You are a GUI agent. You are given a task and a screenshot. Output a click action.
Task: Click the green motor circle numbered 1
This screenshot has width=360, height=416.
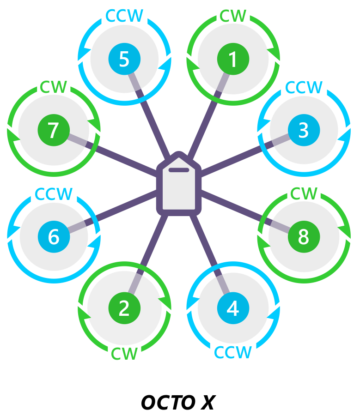233,59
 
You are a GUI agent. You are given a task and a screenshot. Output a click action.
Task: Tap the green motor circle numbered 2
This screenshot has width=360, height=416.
124,308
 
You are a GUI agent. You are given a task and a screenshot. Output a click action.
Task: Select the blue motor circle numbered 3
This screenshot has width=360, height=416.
304,131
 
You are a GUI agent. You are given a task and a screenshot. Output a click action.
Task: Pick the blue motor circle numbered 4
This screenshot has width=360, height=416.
233,308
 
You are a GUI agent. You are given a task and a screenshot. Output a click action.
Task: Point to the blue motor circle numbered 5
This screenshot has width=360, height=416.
124,59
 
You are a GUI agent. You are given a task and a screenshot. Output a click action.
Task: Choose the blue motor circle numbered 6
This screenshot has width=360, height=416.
54,236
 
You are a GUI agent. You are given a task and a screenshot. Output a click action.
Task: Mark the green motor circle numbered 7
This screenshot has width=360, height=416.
54,131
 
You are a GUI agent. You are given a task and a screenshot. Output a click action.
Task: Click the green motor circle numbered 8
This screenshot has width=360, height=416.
304,236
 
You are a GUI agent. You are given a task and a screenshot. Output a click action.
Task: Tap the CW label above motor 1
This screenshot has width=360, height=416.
233,15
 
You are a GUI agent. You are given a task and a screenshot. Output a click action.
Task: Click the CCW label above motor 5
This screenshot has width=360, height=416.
124,15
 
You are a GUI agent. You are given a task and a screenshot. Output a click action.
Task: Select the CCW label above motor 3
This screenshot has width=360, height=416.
304,87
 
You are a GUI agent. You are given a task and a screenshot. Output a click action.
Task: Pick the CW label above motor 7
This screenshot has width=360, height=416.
54,87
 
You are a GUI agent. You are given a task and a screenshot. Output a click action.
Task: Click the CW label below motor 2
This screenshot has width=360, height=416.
124,354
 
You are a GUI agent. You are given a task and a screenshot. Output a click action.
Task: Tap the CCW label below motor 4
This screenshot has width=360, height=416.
233,353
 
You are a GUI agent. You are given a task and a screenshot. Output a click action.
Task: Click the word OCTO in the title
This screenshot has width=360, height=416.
166,403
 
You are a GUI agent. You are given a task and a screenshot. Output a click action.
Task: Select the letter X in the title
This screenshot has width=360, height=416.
207,403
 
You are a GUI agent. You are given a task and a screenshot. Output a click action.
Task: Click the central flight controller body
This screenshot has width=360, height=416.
179,189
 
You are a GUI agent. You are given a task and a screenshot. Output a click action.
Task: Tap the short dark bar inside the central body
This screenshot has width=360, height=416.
178,170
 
